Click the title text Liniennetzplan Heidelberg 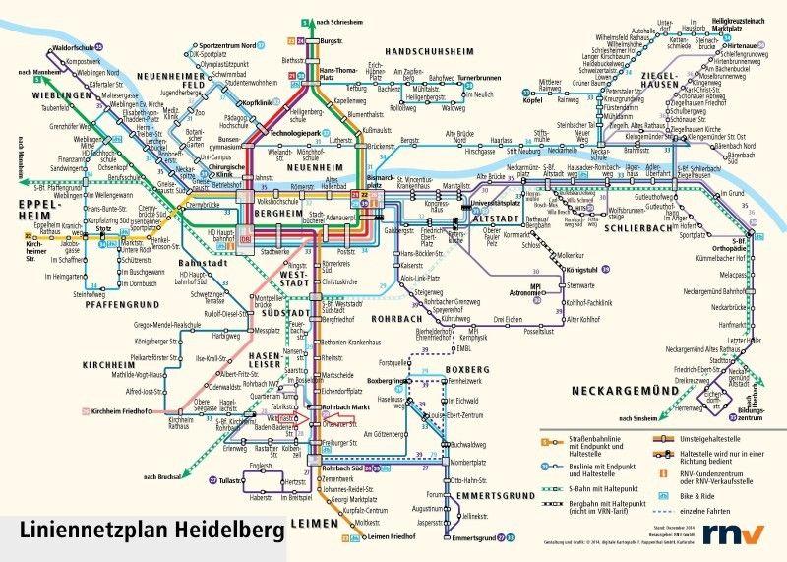click(149, 531)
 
